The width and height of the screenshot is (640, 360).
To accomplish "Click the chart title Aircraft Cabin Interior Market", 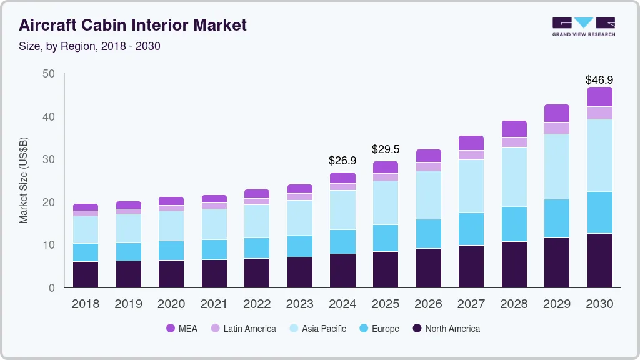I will pyautogui.click(x=133, y=25).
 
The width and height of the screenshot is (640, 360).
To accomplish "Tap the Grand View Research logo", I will pyautogui.click(x=583, y=26).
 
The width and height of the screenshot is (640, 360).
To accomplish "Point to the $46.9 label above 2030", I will pyautogui.click(x=599, y=80).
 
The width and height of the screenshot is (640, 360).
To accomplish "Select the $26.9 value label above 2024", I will pyautogui.click(x=342, y=161).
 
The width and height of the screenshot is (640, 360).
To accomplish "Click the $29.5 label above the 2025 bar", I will pyautogui.click(x=385, y=149).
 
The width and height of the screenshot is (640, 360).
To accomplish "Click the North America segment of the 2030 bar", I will pyautogui.click(x=599, y=260).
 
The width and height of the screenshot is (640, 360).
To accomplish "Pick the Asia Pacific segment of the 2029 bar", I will pyautogui.click(x=556, y=166).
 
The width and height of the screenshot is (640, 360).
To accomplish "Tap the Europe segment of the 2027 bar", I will pyautogui.click(x=471, y=229).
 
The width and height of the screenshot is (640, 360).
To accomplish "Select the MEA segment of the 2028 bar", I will pyautogui.click(x=514, y=129).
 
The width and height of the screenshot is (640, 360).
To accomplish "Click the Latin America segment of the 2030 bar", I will pyautogui.click(x=599, y=112).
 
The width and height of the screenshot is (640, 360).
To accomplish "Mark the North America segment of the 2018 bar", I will pyautogui.click(x=86, y=274).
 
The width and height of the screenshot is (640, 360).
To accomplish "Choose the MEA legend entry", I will pyautogui.click(x=182, y=328).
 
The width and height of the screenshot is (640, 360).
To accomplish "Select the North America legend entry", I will pyautogui.click(x=446, y=328).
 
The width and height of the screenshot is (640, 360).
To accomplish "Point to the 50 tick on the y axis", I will pyautogui.click(x=49, y=74).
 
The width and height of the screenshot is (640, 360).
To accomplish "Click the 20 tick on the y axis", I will pyautogui.click(x=49, y=202).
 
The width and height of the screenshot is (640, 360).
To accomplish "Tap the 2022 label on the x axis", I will pyautogui.click(x=257, y=304).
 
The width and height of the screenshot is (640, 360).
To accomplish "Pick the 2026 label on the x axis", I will pyautogui.click(x=428, y=304).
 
